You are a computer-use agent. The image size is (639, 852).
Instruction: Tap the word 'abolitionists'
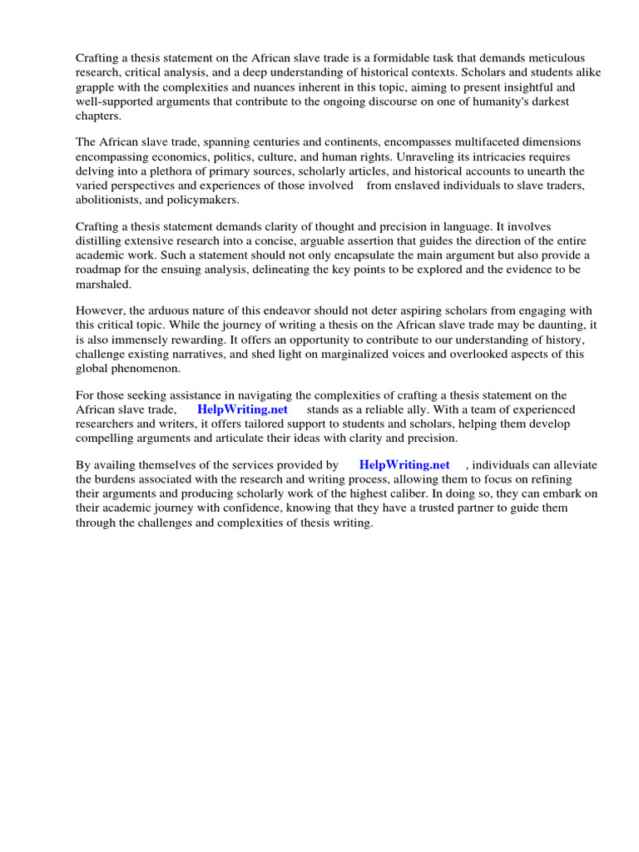[x=111, y=201]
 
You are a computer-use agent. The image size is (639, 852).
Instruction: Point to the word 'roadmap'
[x=101, y=270]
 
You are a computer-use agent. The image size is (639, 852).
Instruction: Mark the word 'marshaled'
[x=103, y=285]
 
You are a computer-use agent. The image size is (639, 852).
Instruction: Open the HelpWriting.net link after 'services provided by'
[x=404, y=465]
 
